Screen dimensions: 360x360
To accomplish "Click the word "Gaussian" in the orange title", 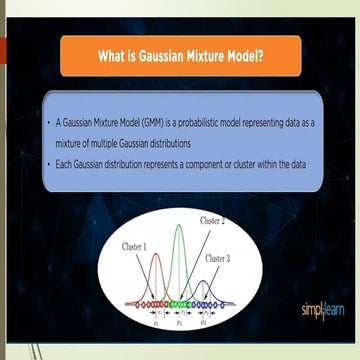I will (x=155, y=56).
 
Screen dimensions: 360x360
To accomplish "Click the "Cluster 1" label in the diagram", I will (x=134, y=246).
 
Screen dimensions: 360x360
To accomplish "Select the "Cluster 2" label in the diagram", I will (x=212, y=219).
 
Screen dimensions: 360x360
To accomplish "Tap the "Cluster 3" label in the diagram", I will (x=218, y=258).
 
